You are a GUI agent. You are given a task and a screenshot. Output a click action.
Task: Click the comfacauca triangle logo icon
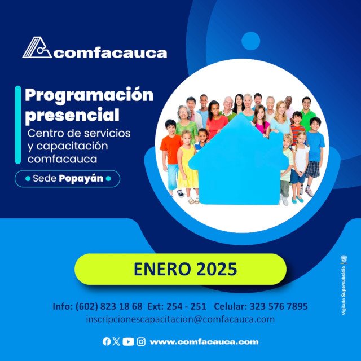(x=37, y=48)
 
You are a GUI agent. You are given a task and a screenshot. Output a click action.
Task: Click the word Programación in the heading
(x=89, y=94)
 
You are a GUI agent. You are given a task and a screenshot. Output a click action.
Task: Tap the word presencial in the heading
(x=73, y=115)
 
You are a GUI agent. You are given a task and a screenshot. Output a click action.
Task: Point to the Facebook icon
(x=107, y=341)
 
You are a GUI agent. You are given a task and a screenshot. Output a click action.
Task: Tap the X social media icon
(x=116, y=341)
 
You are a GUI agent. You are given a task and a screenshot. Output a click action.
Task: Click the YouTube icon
(x=128, y=341)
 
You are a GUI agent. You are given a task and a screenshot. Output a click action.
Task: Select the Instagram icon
(x=141, y=341)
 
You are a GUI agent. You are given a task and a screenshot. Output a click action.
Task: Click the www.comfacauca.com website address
(x=204, y=341)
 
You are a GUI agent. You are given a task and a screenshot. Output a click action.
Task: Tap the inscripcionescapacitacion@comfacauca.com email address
(x=180, y=319)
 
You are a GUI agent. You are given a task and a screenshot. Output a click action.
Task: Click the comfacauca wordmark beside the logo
(x=111, y=54)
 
